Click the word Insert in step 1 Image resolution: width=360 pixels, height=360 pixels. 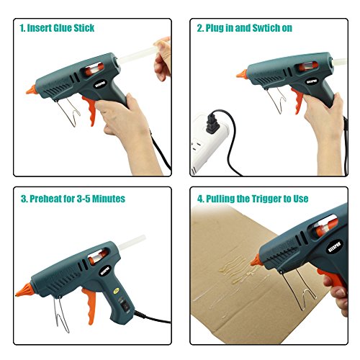(x=39, y=28)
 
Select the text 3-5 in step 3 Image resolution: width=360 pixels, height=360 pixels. (x=84, y=199)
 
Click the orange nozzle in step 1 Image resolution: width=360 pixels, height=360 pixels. (x=32, y=90)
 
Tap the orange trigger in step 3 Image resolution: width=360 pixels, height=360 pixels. (x=89, y=305)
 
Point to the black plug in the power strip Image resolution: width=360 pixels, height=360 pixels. (x=212, y=123)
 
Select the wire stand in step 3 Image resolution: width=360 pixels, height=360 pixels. (x=60, y=315)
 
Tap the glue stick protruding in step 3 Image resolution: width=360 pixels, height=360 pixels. (x=132, y=242)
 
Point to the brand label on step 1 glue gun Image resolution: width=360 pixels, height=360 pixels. (x=99, y=84)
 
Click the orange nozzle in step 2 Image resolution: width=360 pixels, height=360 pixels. (x=242, y=73)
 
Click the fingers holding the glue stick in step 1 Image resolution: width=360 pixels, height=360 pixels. (x=163, y=58)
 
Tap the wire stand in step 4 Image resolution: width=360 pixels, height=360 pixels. (x=300, y=289)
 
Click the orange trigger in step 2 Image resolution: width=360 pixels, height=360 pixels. (x=297, y=101)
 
